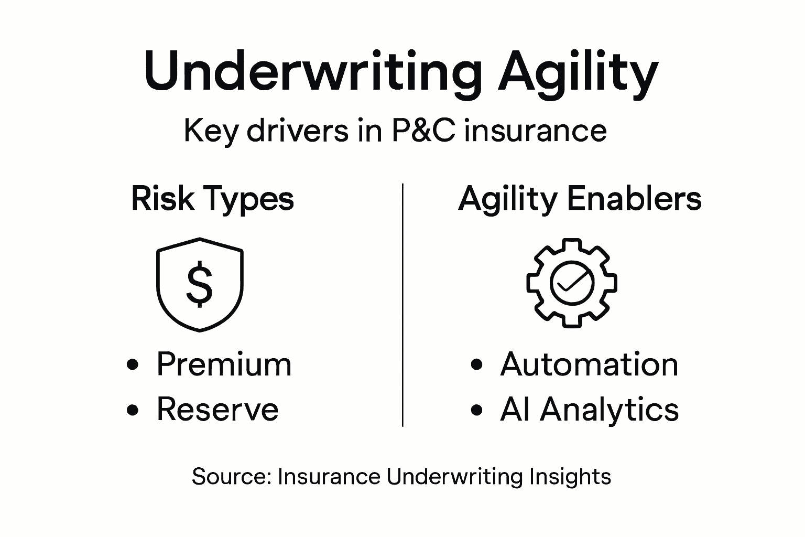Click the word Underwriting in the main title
[312, 71]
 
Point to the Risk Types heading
[212, 199]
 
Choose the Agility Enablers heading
[580, 199]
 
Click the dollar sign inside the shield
[200, 285]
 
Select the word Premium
[224, 364]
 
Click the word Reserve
[217, 409]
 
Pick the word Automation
[589, 364]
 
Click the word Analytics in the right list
[610, 409]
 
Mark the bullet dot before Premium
[134, 365]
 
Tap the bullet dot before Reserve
[134, 410]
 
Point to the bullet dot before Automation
[476, 365]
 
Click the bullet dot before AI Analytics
[476, 410]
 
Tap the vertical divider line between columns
[402, 304]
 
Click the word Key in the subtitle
[210, 131]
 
